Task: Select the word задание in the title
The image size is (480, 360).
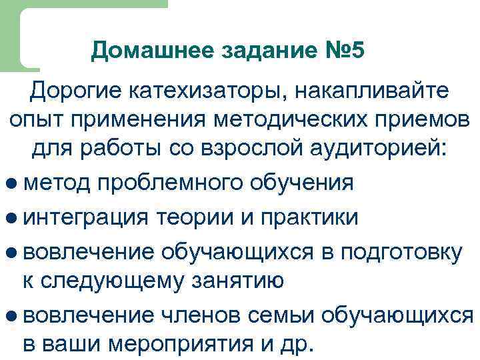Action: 261,51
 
